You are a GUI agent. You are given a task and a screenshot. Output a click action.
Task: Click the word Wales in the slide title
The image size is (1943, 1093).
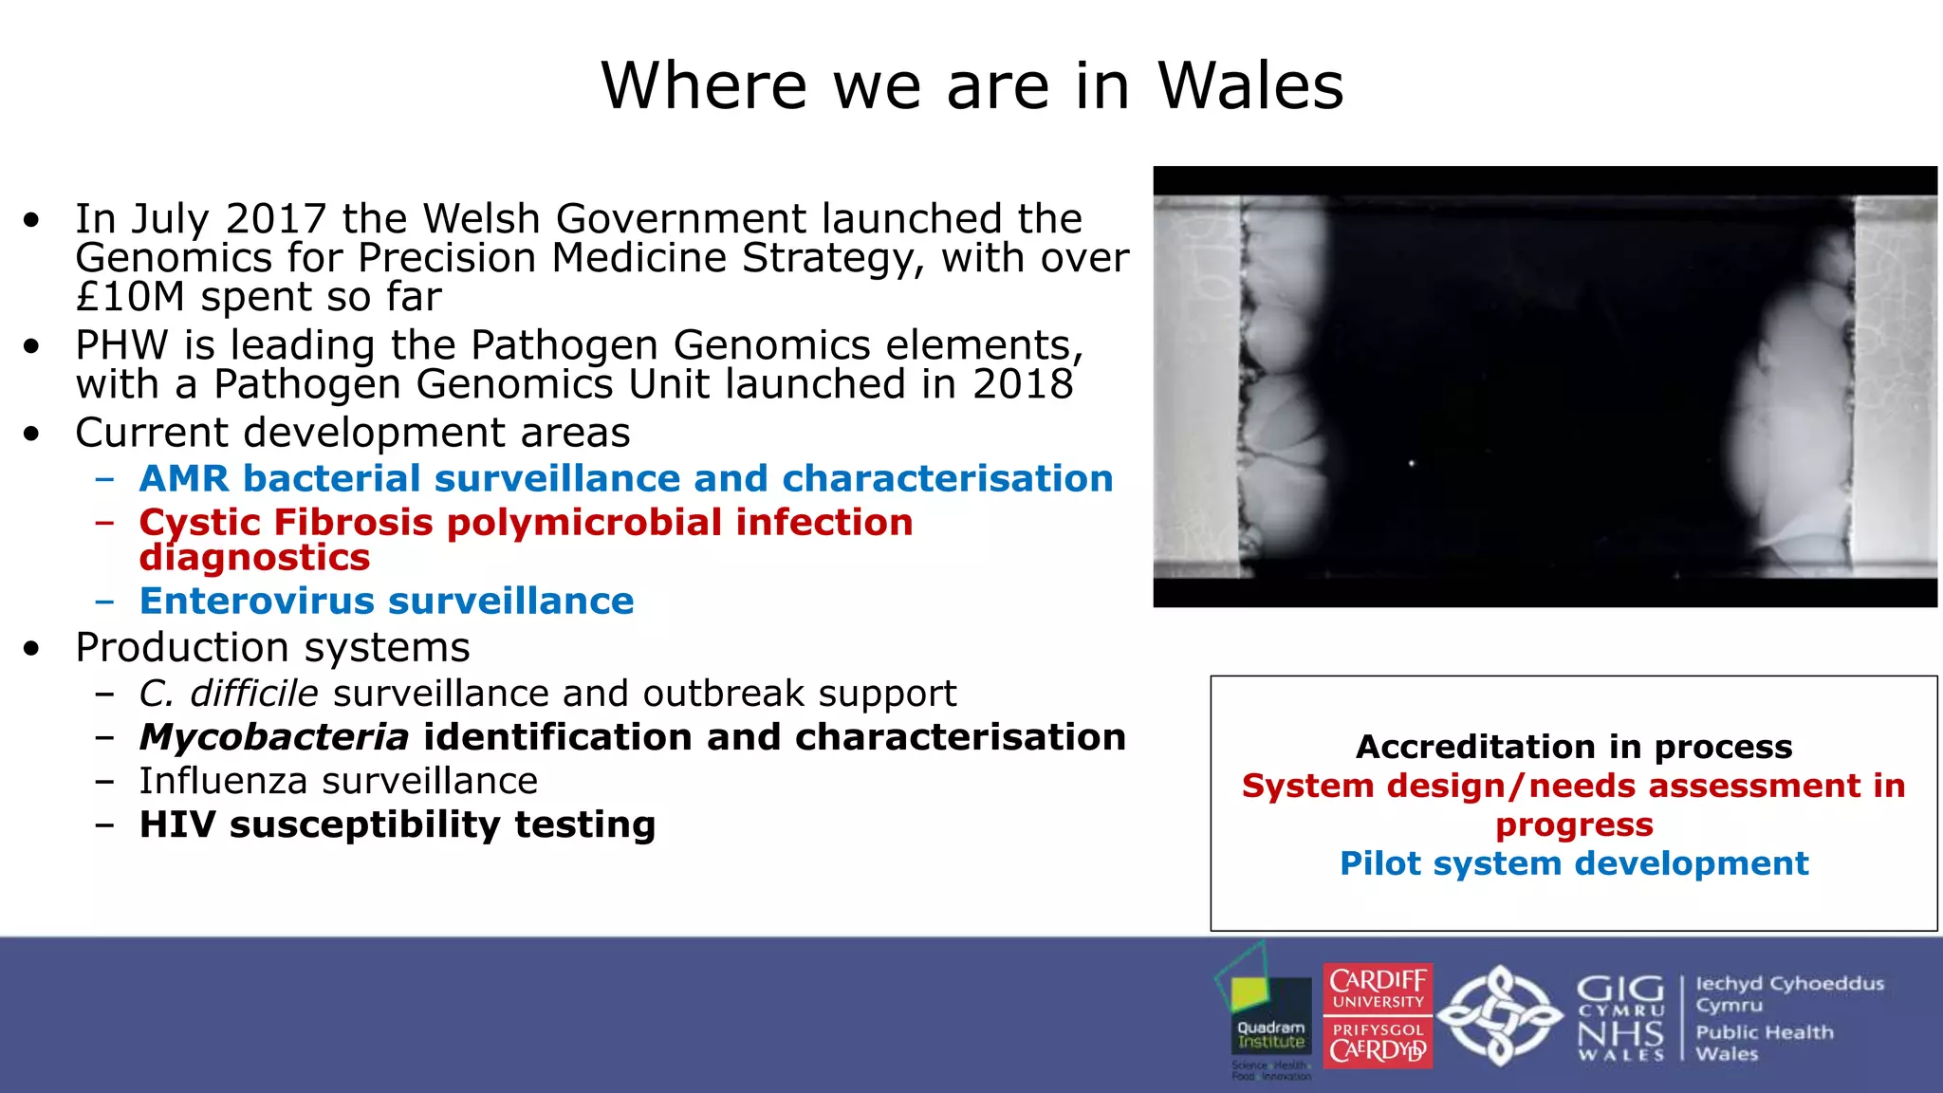click(1250, 86)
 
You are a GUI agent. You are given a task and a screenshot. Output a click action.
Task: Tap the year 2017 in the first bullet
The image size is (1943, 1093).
click(276, 219)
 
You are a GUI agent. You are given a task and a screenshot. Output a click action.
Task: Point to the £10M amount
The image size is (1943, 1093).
click(130, 297)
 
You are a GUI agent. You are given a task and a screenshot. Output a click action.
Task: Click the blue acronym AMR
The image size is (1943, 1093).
click(184, 479)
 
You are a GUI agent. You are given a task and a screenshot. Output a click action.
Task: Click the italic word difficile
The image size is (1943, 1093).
click(253, 694)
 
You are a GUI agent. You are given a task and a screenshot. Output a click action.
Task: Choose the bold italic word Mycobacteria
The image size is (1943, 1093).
click(273, 737)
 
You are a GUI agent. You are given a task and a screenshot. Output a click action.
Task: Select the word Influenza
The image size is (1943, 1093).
click(224, 781)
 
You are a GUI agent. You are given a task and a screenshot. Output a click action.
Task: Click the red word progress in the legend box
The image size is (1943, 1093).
click(1574, 824)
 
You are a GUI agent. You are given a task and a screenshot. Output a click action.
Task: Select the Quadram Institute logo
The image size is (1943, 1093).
click(1267, 1011)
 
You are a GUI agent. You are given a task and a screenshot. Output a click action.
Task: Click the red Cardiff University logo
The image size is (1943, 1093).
click(1378, 1016)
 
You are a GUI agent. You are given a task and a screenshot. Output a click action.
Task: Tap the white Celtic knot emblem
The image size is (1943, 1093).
click(1499, 1015)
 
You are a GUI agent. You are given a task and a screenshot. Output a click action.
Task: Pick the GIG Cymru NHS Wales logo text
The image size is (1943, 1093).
click(1619, 1017)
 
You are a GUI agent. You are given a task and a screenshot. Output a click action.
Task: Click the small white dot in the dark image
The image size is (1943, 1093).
click(1412, 463)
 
